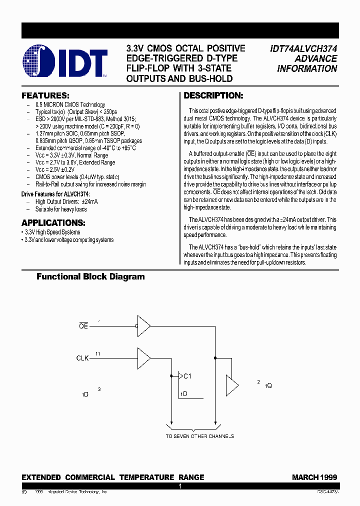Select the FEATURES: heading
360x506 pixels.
coord(45,95)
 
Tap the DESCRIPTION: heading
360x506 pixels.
coord(213,95)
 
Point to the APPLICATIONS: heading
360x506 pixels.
coord(53,222)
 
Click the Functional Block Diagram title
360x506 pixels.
coord(90,276)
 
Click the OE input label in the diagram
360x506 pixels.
coord(83,326)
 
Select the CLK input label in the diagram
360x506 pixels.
coord(83,358)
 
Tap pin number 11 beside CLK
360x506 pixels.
coord(98,353)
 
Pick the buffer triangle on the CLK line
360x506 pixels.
coord(144,358)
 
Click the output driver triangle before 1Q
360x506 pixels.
coord(232,385)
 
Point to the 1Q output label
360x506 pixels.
coord(268,385)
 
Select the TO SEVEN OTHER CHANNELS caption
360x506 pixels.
coord(200,436)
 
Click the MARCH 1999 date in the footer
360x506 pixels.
coord(314,477)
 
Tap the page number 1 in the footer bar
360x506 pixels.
coord(180,486)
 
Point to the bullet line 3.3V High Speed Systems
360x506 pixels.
coord(52,232)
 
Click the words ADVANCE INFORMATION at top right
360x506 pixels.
coord(307,63)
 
